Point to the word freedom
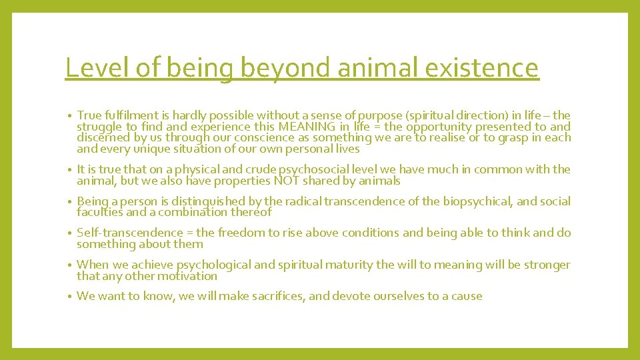pos(225,233)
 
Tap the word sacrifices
pos(275,296)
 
